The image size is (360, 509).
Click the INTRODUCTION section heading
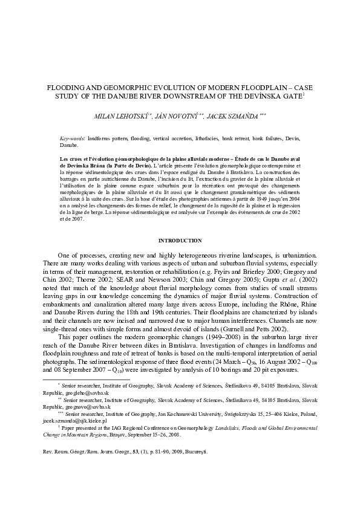180,241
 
